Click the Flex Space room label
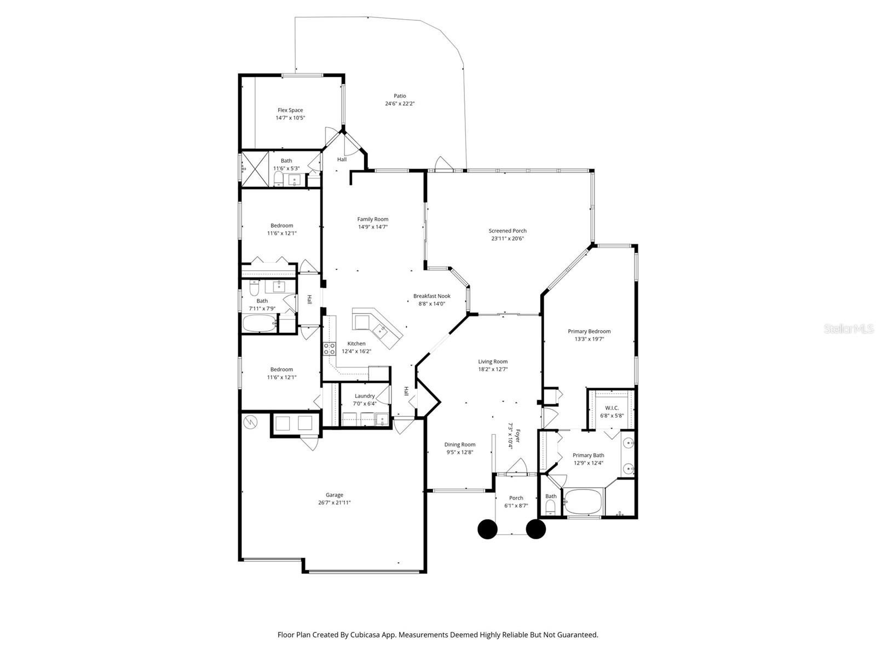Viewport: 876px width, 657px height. (290, 110)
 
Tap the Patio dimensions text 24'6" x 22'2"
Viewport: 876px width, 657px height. (400, 103)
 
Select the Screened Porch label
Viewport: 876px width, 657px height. (508, 231)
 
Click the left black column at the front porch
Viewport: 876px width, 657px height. (487, 529)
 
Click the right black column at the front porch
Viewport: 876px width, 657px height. (536, 529)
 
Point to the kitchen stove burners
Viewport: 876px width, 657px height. (329, 348)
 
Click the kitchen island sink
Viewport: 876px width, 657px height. (380, 330)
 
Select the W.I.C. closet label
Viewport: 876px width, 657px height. (612, 408)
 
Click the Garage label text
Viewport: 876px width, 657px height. (335, 495)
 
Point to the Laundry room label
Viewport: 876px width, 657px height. (365, 396)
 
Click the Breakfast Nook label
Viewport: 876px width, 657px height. (431, 296)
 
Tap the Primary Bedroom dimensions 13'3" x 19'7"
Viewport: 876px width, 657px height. (589, 339)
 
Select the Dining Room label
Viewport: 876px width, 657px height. (459, 445)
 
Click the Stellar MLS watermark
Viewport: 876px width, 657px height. (848, 328)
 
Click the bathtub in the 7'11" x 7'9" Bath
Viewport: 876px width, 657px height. (260, 324)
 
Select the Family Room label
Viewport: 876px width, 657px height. (373, 219)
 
